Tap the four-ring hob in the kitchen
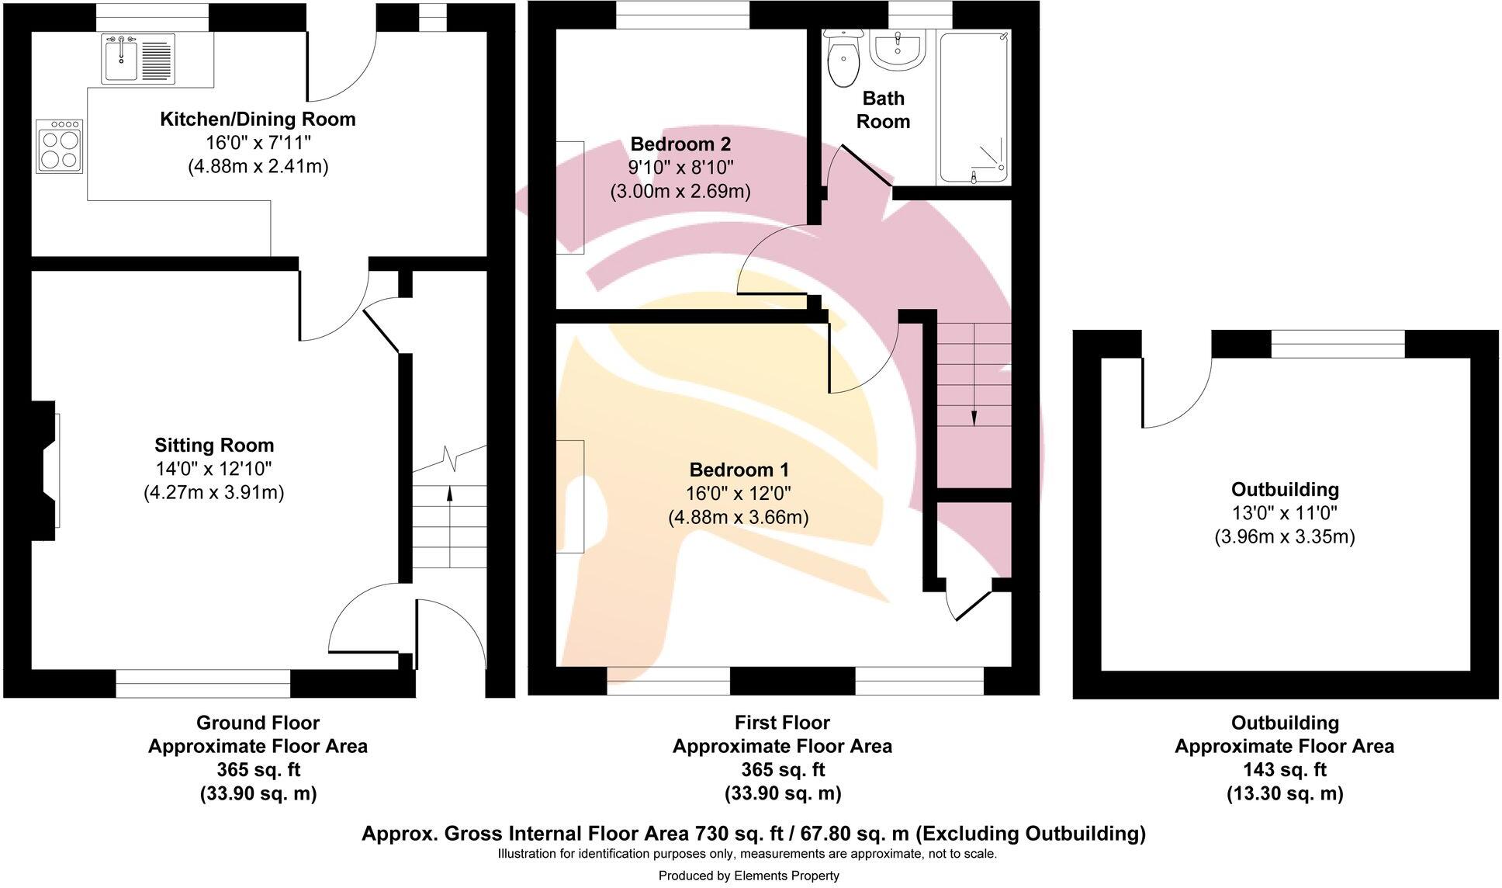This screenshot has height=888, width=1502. coord(60,146)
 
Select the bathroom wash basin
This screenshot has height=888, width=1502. coord(898,51)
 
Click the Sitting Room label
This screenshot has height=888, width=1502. coord(214,445)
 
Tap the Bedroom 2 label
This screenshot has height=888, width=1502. coord(680,144)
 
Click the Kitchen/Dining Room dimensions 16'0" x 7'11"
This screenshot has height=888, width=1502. coord(258,143)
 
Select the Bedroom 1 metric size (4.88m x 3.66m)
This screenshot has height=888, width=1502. coord(738,517)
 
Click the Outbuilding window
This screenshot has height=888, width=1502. coord(1338,343)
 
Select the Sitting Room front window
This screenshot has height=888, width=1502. coord(203,683)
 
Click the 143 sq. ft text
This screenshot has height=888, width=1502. coord(1284,769)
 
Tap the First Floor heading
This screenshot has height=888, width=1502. coord(781,723)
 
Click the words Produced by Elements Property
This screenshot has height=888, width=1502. coord(748,876)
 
